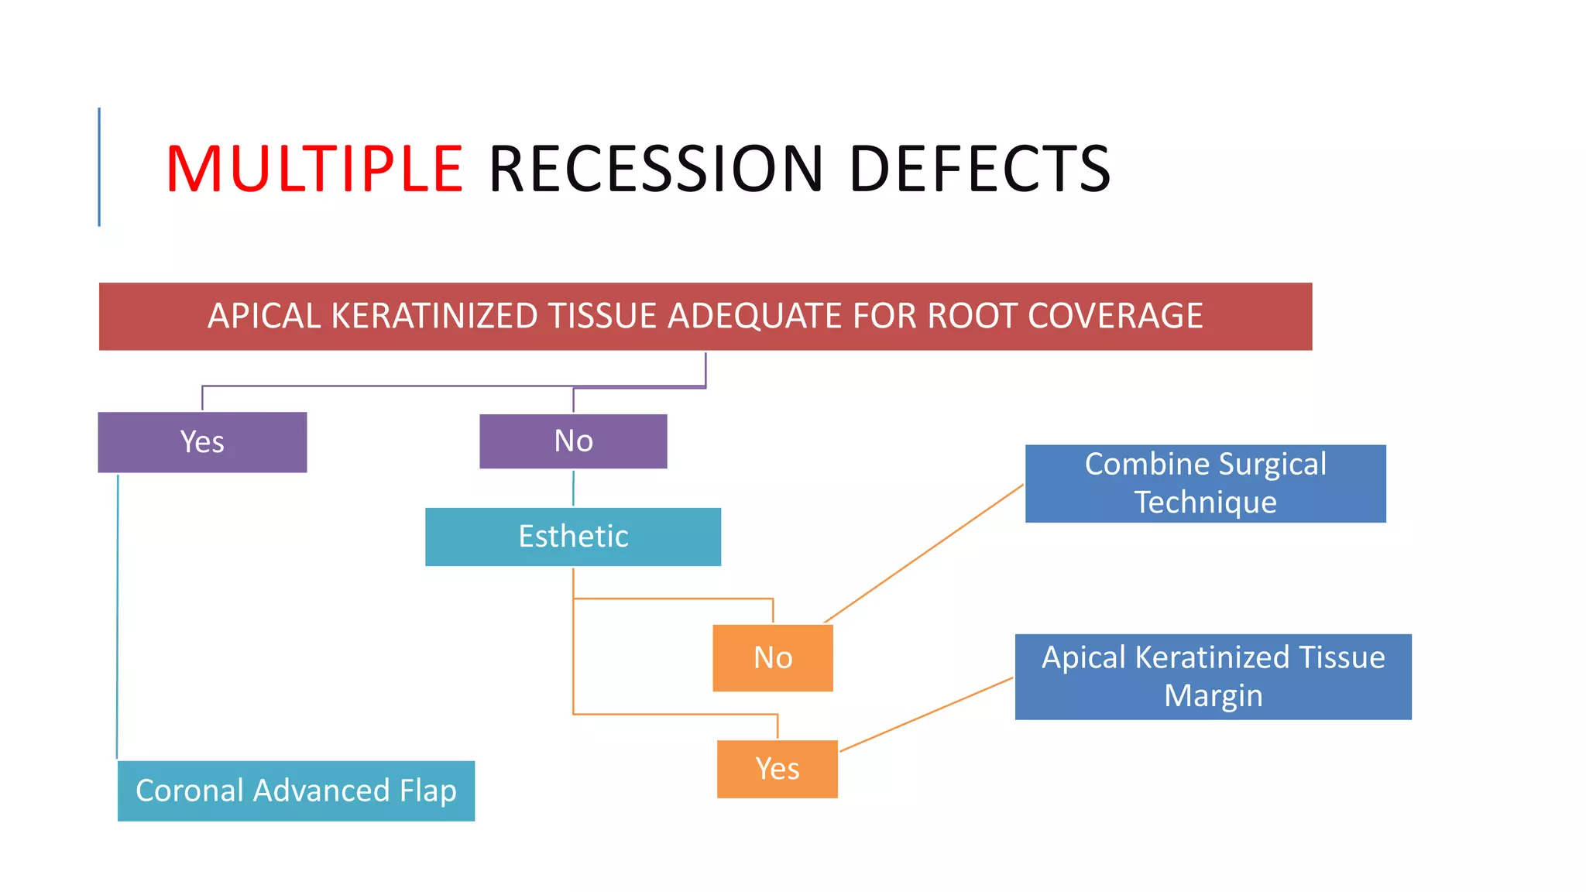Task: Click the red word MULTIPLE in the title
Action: pos(314,169)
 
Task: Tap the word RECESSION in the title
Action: pos(656,169)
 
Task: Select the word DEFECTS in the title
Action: pos(980,169)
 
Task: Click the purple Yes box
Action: pos(202,442)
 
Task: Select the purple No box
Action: pos(573,441)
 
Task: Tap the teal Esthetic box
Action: pos(573,537)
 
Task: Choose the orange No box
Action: pos(773,658)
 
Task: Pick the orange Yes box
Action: pos(778,769)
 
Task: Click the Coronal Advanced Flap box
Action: pos(296,791)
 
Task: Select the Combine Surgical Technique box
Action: pos(1205,483)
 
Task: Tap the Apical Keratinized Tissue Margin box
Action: pos(1213,677)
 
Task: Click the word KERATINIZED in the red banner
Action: pos(434,316)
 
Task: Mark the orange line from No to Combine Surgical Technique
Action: pos(924,553)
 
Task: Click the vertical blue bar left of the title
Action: pos(99,166)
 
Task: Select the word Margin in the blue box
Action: pos(1213,695)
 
